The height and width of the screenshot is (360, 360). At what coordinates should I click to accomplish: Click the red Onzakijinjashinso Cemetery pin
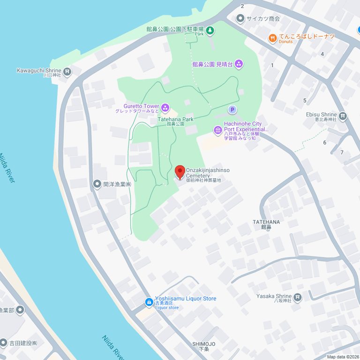(180, 172)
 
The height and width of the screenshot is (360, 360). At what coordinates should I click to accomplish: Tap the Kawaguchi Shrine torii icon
(67, 72)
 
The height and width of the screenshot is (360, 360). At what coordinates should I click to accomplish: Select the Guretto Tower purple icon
(165, 108)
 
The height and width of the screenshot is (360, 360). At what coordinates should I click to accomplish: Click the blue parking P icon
(232, 109)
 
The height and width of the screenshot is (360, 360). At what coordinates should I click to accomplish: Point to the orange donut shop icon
(272, 38)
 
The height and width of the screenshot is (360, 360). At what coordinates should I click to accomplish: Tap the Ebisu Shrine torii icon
(343, 116)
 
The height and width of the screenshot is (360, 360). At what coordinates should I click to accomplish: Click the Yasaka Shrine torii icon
(298, 297)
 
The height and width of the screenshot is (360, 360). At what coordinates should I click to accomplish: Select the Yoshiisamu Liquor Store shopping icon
(149, 301)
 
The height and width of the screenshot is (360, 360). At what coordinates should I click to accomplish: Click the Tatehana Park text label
(175, 120)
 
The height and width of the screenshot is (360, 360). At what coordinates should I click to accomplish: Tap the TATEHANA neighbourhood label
(266, 222)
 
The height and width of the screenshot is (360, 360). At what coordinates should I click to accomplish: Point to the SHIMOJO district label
(203, 344)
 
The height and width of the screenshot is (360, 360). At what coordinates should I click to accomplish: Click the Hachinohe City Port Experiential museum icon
(217, 130)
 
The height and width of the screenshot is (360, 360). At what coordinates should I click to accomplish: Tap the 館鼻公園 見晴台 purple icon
(239, 64)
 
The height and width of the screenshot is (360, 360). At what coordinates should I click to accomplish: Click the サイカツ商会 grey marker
(240, 19)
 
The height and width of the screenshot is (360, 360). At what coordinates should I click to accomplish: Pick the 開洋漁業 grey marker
(97, 184)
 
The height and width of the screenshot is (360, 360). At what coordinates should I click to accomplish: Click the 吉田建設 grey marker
(4, 343)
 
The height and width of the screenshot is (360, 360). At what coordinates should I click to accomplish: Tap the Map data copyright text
(343, 357)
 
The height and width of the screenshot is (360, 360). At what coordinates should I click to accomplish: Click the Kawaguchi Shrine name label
(39, 70)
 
